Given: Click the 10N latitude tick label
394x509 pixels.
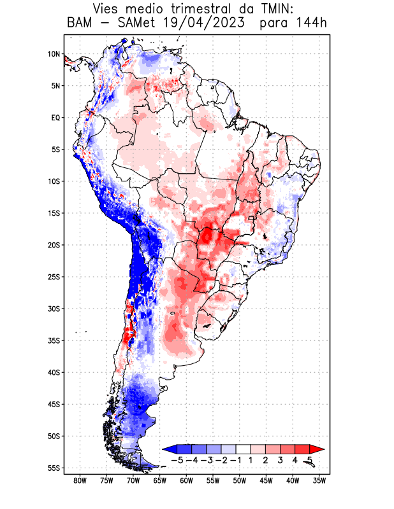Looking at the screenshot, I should tap(53, 54).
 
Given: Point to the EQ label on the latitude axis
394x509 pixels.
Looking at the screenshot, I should tap(55, 118).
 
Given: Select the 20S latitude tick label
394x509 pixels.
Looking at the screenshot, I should tap(53, 245).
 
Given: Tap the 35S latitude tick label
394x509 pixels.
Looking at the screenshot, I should tap(53, 340).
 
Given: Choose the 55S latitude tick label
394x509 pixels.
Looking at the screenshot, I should tap(53, 468).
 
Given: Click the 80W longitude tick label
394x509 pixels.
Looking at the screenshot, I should tap(80, 480).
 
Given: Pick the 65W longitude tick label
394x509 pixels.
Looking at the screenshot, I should tap(160, 480).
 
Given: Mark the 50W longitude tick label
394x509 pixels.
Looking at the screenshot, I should tap(240, 480).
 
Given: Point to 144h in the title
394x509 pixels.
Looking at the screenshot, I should tap(312, 24).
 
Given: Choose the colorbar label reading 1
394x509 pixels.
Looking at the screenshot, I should tap(251, 459).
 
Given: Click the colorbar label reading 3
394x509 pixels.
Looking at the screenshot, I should tap(281, 459).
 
